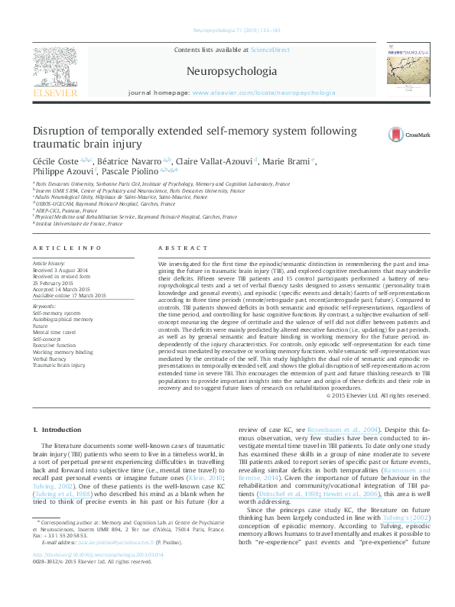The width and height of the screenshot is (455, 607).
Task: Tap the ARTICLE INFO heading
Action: [68, 248]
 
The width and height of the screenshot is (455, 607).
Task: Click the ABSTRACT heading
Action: [183, 248]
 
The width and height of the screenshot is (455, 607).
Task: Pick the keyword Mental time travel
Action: [54, 331]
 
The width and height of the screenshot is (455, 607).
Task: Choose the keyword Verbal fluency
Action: [48, 359]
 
